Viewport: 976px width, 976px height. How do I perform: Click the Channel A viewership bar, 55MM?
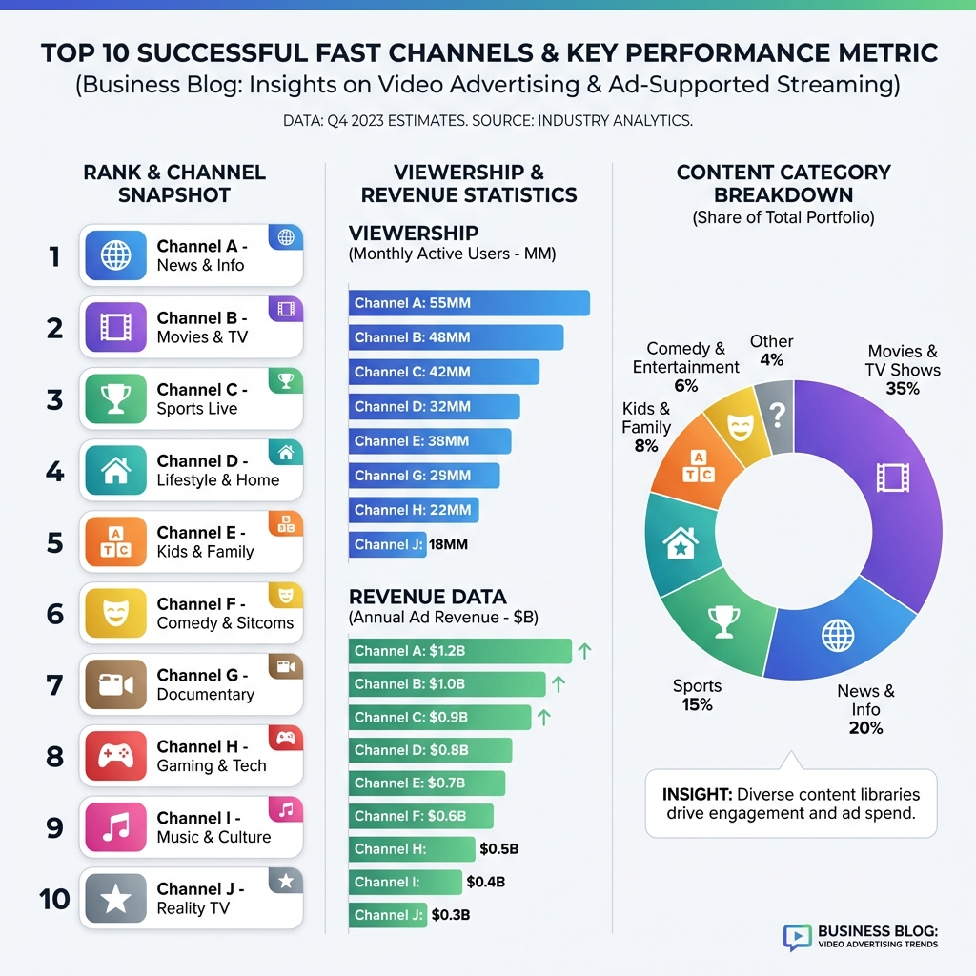[469, 303]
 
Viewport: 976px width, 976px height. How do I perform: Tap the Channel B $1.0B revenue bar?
[447, 683]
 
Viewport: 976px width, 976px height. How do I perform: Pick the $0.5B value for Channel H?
[499, 849]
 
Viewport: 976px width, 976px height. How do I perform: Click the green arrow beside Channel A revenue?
[584, 651]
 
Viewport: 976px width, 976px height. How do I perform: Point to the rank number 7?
[55, 685]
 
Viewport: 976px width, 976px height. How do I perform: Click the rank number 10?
[55, 899]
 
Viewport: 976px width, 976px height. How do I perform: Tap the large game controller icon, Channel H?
[115, 757]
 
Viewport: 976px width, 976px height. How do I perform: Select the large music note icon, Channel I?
[115, 828]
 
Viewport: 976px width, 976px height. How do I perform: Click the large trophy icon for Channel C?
[115, 399]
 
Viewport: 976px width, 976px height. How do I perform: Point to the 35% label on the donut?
[902, 389]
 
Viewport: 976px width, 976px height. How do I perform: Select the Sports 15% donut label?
[697, 695]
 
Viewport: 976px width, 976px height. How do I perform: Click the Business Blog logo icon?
[797, 937]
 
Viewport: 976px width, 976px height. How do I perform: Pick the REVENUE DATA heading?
[428, 598]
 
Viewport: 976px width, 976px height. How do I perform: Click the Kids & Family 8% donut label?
[646, 427]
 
